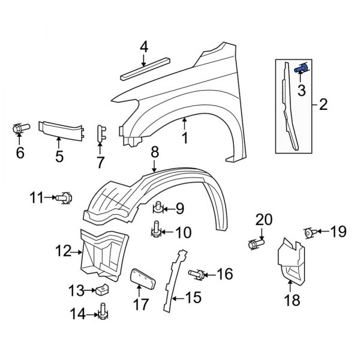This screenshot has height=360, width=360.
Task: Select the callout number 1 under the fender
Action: (x=185, y=138)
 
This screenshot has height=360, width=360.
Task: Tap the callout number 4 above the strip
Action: (x=143, y=47)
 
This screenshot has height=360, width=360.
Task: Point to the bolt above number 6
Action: (x=20, y=128)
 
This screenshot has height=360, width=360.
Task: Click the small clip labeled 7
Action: (x=101, y=135)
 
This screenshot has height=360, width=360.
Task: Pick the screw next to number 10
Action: (x=156, y=229)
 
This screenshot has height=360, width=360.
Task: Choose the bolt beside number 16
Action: (x=196, y=275)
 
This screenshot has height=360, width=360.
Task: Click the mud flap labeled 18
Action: (x=290, y=262)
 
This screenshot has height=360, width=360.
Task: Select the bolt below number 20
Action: (x=254, y=244)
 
